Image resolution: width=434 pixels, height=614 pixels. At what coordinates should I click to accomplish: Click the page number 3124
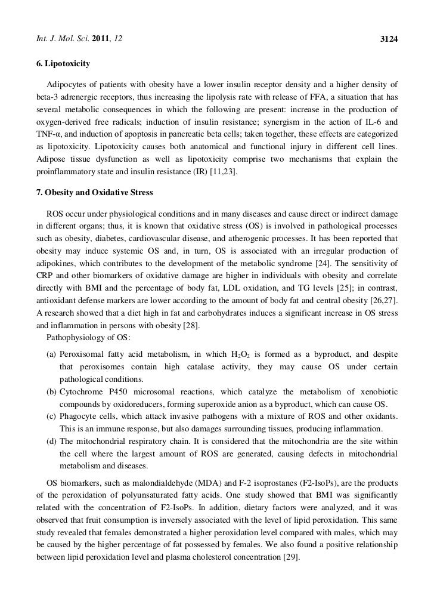(389, 23)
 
